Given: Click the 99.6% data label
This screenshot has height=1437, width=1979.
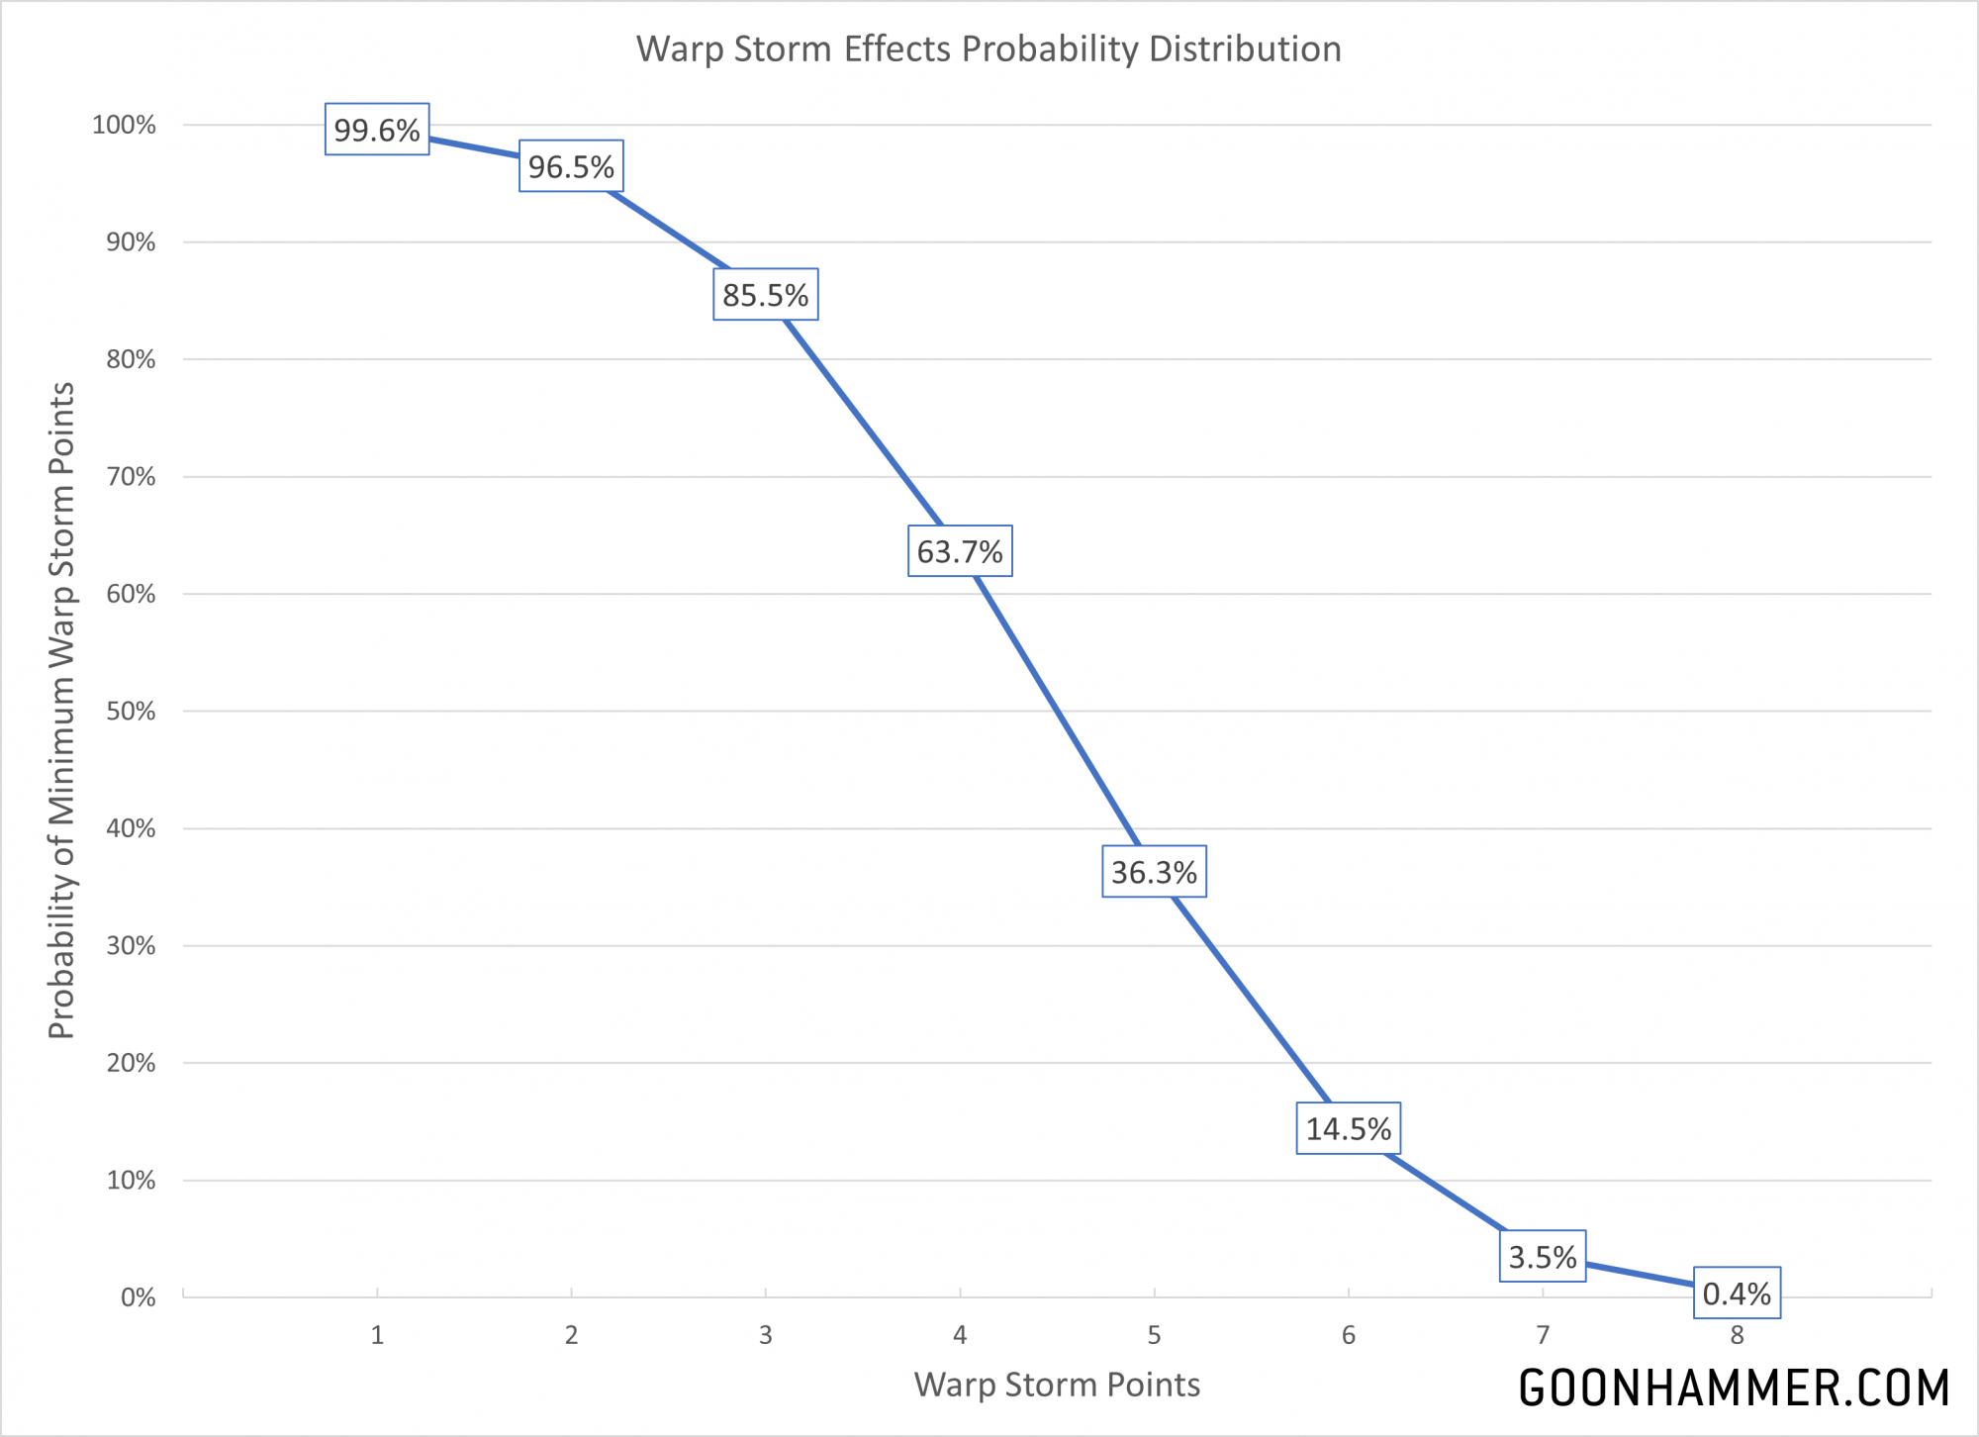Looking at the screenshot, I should [377, 130].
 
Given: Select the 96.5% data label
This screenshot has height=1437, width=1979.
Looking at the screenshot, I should [571, 166].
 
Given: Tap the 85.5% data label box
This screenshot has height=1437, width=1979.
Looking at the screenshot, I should [765, 295].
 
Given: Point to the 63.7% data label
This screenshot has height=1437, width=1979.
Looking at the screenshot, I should [960, 551].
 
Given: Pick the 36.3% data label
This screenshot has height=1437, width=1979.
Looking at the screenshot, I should [1154, 872].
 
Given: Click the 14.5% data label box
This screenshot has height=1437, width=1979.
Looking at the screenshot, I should [1348, 1128].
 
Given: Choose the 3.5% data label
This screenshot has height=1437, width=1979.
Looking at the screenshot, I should [1543, 1257].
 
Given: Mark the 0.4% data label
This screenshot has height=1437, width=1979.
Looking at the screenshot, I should [1737, 1293].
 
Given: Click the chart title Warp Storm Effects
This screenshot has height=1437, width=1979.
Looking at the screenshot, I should [989, 48].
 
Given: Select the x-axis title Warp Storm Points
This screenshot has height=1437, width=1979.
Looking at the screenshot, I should [1057, 1385].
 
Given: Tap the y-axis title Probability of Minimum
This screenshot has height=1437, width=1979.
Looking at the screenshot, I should [61, 711].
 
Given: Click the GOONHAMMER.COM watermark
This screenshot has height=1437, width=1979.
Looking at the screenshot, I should [1734, 1388].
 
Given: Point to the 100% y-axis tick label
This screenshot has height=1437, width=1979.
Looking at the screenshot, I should [124, 125].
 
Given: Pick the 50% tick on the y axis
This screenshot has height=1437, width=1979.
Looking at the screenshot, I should [131, 712].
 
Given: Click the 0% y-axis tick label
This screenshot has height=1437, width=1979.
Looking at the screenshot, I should [138, 1297].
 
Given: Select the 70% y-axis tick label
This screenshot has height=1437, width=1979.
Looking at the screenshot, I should [131, 477].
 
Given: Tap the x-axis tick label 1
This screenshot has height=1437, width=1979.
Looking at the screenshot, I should [377, 1335].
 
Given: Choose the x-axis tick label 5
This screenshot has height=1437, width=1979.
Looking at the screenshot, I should [1154, 1335].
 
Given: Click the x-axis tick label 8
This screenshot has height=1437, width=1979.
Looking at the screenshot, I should [1737, 1335].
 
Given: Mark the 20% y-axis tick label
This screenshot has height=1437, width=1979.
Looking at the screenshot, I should [131, 1063].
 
